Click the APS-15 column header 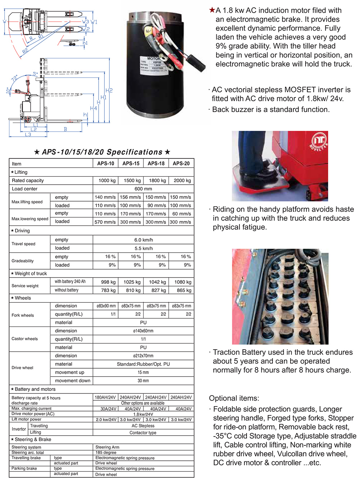point(131,163)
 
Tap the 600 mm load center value point(143,189)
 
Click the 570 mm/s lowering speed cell point(105,222)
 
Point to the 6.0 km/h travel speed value point(143,240)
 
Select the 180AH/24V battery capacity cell point(105,397)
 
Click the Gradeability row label point(23,261)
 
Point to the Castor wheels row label point(24,339)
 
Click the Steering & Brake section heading point(33,440)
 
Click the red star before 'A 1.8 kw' point(212,10)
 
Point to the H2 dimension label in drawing point(109,90)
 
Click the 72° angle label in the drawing point(14,78)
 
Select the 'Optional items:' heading point(234,398)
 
